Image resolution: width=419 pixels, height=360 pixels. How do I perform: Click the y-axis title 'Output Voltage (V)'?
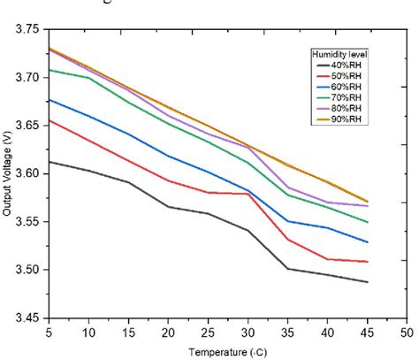tap(8, 172)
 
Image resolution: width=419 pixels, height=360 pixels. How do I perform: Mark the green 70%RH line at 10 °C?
tap(88, 78)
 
